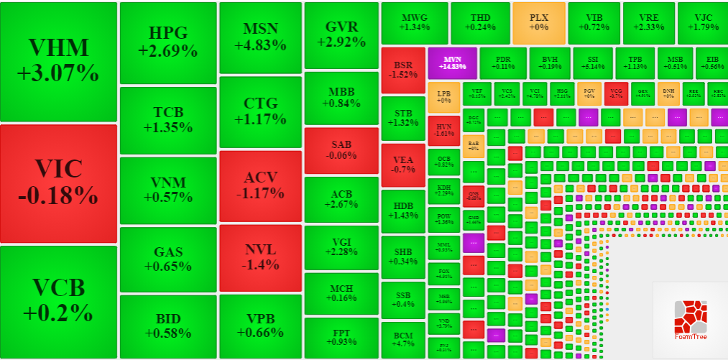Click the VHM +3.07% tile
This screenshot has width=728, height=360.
tap(58, 62)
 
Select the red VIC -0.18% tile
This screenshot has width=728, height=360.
tap(58, 183)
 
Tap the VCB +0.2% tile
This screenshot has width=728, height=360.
tap(58, 301)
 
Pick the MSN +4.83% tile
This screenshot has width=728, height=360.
tap(260, 37)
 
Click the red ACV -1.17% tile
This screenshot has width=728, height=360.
tap(260, 185)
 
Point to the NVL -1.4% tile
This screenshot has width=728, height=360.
tap(260, 257)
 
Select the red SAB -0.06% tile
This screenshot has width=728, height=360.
tap(341, 149)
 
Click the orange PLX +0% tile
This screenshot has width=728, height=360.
tap(538, 22)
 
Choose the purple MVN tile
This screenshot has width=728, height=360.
tap(452, 63)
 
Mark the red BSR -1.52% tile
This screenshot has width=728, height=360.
tap(402, 69)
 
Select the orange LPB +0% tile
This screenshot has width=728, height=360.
tap(443, 97)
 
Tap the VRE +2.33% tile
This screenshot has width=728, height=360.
tap(648, 22)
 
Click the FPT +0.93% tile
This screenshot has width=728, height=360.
tap(341, 338)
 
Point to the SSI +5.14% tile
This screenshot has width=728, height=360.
tap(592, 63)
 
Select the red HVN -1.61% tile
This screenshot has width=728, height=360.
tap(443, 129)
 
